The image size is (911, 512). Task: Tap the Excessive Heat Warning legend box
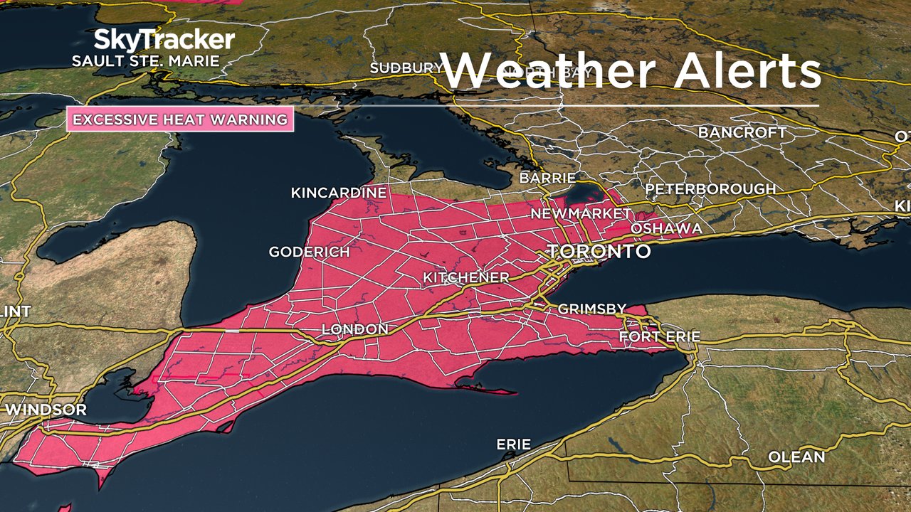(x=180, y=119)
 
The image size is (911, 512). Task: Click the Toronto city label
(x=598, y=252)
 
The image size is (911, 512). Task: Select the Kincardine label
(x=339, y=193)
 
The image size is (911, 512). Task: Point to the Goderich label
(x=309, y=252)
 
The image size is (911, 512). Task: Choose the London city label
(x=355, y=329)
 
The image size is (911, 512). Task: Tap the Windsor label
(x=46, y=410)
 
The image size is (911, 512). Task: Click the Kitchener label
(x=466, y=277)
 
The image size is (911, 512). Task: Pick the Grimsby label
(x=591, y=309)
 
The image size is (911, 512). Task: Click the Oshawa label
(x=666, y=228)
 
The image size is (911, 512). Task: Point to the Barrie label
(x=547, y=178)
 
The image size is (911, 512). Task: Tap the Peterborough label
(x=710, y=189)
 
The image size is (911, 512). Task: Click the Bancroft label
(x=742, y=133)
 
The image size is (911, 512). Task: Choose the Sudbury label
(x=406, y=68)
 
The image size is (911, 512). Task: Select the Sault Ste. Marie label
(x=145, y=61)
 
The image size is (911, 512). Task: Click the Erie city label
(x=514, y=444)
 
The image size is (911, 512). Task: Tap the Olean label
(x=796, y=457)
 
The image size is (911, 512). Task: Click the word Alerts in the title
(x=747, y=71)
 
